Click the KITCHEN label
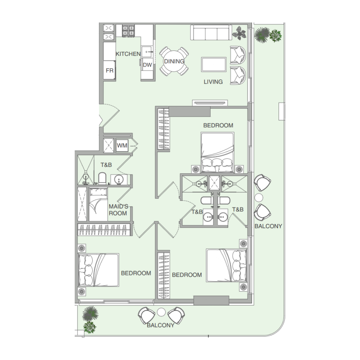[x=128, y=54]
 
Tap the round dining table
[x=174, y=61]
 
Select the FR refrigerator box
[x=109, y=70]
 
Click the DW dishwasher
[x=147, y=65]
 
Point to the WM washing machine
[x=122, y=145]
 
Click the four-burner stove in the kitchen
[x=128, y=31]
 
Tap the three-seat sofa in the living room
[x=211, y=32]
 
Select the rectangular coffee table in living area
[x=214, y=64]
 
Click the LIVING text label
[x=213, y=82]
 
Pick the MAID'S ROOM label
[x=118, y=210]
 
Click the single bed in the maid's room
[x=98, y=205]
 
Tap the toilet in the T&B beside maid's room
[x=102, y=178]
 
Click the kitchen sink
[x=147, y=52]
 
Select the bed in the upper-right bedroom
[x=217, y=152]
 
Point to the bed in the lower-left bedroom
[x=99, y=270]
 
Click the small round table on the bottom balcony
[x=162, y=312]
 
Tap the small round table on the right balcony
[x=259, y=198]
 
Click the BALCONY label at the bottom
[x=161, y=325]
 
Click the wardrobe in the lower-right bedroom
[x=163, y=275]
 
